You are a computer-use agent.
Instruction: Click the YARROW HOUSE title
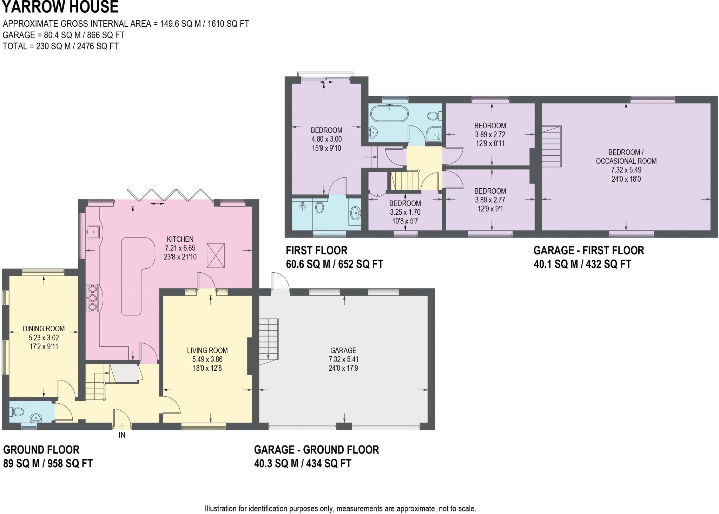(60, 7)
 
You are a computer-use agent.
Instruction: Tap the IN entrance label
(122, 435)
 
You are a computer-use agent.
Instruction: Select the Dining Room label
(44, 328)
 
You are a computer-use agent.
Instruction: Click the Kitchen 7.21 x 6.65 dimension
(180, 248)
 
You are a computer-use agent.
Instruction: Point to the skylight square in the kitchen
(215, 255)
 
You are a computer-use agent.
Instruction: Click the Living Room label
(207, 350)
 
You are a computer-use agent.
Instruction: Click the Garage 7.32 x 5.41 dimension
(343, 359)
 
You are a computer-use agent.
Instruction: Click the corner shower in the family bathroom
(434, 134)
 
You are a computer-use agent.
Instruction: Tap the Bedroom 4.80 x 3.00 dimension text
(326, 139)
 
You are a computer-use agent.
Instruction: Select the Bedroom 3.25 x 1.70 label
(405, 203)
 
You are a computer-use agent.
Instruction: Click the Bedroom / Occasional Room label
(626, 157)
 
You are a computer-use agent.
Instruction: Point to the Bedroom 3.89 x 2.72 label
(490, 126)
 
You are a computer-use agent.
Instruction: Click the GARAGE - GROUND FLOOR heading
(316, 450)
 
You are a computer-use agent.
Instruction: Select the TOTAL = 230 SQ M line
(61, 46)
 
